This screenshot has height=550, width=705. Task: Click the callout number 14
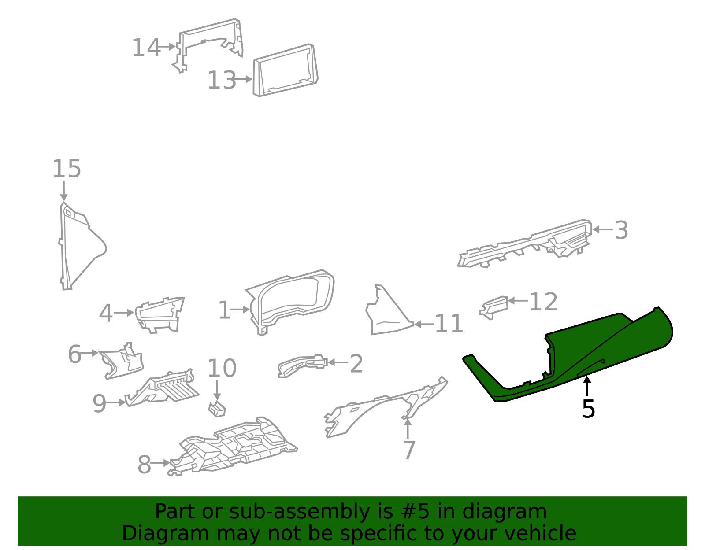pyautogui.click(x=146, y=48)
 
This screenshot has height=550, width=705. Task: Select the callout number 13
pyautogui.click(x=222, y=81)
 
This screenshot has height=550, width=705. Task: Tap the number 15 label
pyautogui.click(x=67, y=169)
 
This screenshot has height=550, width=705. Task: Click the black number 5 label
pyautogui.click(x=588, y=409)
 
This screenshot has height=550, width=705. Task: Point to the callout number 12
pyautogui.click(x=543, y=302)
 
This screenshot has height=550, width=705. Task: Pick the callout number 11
pyautogui.click(x=449, y=324)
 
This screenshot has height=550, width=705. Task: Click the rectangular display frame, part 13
pyautogui.click(x=286, y=70)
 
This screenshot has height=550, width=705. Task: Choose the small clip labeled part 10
pyautogui.click(x=217, y=409)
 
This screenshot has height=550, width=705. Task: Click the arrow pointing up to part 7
pyautogui.click(x=408, y=428)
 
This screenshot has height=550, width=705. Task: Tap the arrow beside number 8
pyautogui.click(x=160, y=463)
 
